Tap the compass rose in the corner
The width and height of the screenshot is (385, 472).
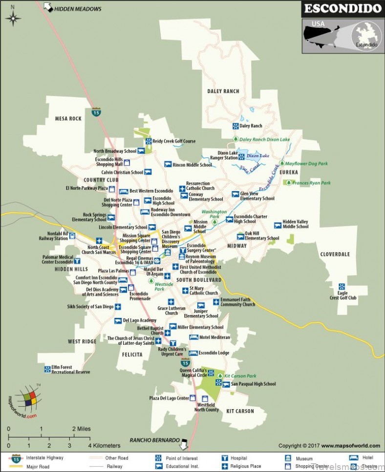pos(13,18)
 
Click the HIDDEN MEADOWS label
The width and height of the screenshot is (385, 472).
pos(78,9)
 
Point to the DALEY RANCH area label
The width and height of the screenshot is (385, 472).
pos(223,91)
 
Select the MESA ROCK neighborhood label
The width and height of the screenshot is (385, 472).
pos(68,118)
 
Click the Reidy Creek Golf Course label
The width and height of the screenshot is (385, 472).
pos(173,141)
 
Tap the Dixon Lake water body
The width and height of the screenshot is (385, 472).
pos(256,156)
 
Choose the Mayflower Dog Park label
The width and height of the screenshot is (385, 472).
pos(306,164)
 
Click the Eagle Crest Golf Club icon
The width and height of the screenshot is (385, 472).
pos(342,287)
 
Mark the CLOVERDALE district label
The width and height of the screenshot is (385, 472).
pos(335,254)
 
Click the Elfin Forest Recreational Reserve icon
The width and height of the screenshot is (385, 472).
pos(47,369)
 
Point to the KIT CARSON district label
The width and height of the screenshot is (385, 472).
pos(240,411)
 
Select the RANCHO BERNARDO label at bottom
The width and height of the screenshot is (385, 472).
pos(154,440)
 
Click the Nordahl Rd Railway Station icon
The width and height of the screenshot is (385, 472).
pos(72,236)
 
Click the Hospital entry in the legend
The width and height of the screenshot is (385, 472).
pos(238,458)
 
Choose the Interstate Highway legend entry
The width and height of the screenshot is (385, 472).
pos(44,458)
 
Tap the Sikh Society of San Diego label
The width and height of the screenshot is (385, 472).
pos(90,307)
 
